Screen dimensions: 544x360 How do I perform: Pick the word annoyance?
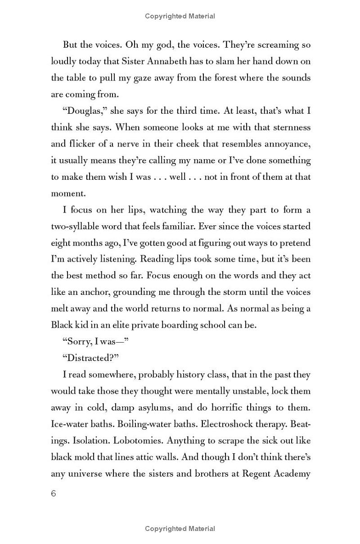(x=286, y=143)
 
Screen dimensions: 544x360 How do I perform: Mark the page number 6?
(x=54, y=493)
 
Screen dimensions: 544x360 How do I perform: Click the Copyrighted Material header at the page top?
(x=180, y=16)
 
